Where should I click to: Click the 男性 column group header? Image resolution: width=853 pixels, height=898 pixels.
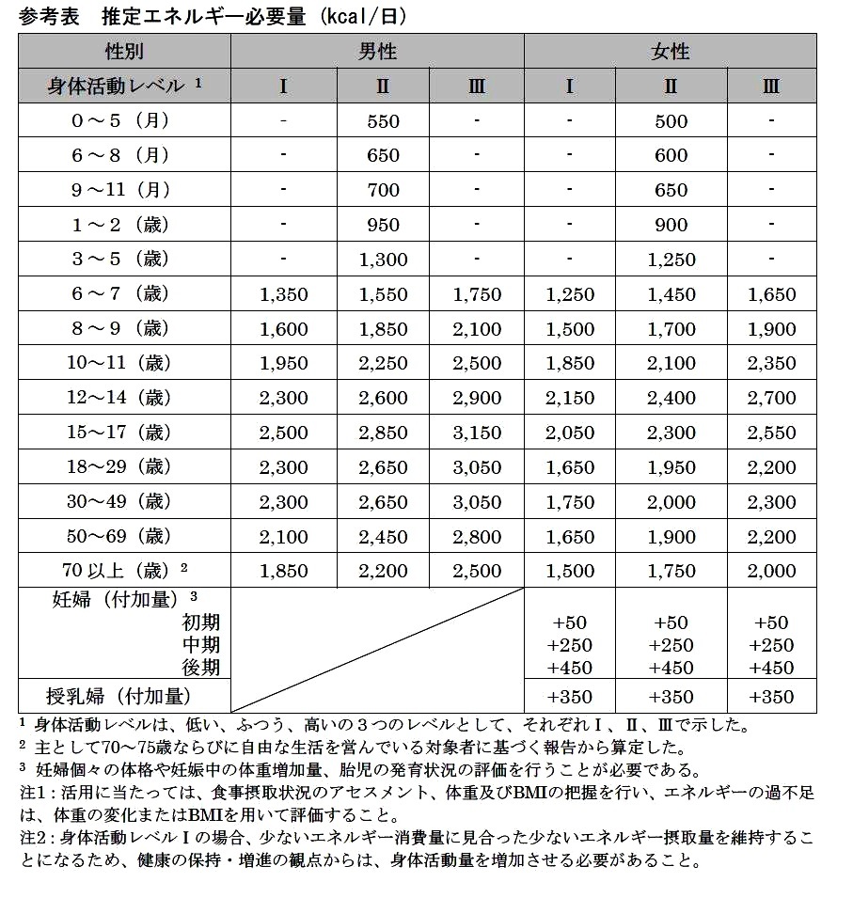(x=377, y=51)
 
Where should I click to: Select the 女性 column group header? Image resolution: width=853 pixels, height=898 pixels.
(x=670, y=51)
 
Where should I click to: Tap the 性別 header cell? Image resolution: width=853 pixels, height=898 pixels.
(x=124, y=51)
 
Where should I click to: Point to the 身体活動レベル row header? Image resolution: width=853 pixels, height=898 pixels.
(x=118, y=87)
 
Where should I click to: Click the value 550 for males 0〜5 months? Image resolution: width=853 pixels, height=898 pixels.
(x=383, y=121)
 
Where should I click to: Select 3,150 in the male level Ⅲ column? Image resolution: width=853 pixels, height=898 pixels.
(x=477, y=433)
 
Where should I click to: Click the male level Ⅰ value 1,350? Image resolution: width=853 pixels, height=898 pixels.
(x=283, y=294)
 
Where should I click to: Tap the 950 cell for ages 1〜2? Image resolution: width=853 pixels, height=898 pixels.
(x=383, y=225)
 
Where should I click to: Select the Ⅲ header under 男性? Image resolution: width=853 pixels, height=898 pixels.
(x=477, y=87)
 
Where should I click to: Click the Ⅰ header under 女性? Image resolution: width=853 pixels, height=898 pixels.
(x=570, y=87)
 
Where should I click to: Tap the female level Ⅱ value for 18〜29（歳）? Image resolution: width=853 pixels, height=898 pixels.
(x=671, y=467)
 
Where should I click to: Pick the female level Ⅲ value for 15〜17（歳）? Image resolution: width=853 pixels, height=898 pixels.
(x=771, y=433)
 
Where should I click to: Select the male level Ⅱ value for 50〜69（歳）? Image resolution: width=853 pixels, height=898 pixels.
(x=383, y=537)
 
